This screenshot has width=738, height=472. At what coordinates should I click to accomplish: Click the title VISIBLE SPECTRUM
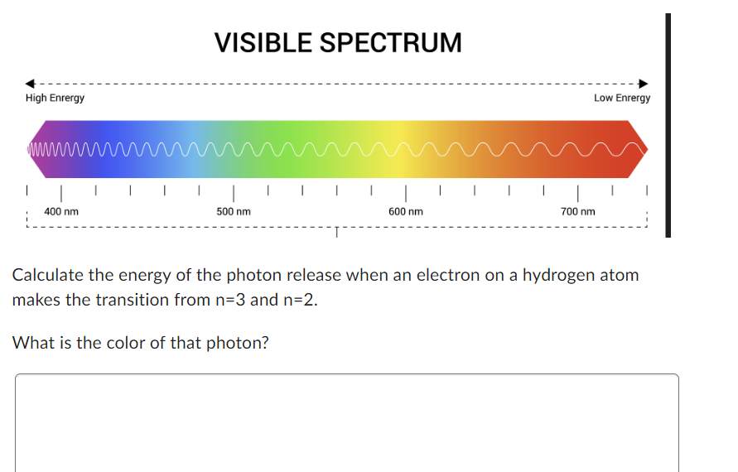coord(338,42)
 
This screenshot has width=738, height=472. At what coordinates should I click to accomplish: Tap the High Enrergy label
coord(55,98)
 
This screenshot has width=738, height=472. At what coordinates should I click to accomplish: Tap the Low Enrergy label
coord(622,98)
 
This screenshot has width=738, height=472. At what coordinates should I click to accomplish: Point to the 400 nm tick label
coord(61,212)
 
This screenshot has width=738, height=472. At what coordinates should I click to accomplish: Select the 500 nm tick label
coord(234,212)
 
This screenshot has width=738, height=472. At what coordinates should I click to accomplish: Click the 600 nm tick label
coord(406,212)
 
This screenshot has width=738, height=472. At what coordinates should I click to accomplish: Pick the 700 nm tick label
coord(578,212)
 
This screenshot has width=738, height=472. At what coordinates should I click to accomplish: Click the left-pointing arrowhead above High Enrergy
coord(30,83)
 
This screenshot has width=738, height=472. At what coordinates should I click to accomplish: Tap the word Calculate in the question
coord(46,275)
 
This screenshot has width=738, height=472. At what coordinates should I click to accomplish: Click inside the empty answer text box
coord(346,422)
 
